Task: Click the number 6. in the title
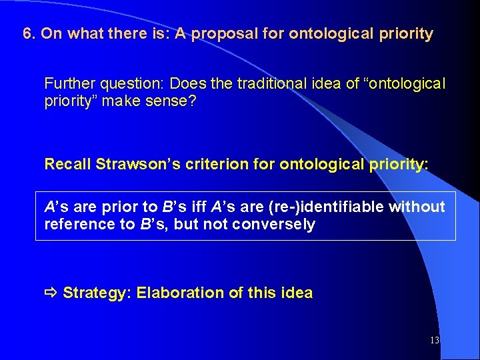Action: (29, 34)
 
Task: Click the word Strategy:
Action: (97, 293)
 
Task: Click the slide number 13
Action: (434, 341)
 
